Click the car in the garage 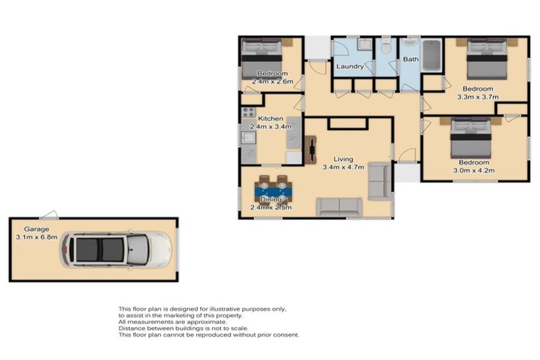tap(116, 250)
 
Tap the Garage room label tap(36, 229)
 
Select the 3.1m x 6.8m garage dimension tap(37, 237)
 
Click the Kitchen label tap(270, 119)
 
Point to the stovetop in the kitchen tap(248, 112)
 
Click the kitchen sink tap(248, 138)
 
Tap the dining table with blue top tap(273, 191)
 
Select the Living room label tap(343, 159)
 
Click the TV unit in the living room tap(311, 150)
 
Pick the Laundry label tap(350, 66)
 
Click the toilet tap(386, 46)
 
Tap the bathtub tap(431, 56)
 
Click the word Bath tap(411, 59)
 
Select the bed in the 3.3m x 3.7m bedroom tap(487, 59)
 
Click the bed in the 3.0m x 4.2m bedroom tap(471, 138)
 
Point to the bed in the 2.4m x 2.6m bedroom tap(262, 58)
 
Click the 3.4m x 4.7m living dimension tap(343, 167)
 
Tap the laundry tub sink tap(364, 44)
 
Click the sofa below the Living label tap(339, 206)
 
